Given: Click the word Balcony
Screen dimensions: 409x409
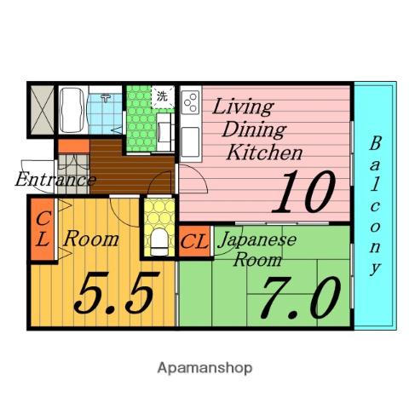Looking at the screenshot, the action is [x=375, y=206].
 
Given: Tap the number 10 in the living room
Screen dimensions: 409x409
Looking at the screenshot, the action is [x=304, y=192].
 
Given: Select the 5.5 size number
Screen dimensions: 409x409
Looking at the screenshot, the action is [x=116, y=292].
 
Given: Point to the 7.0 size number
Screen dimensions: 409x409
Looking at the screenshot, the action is [x=300, y=297].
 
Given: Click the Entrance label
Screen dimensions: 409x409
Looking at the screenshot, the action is [x=55, y=180].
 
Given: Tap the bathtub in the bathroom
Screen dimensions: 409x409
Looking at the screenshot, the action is [x=72, y=110].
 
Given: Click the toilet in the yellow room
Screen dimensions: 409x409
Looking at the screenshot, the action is [x=159, y=242].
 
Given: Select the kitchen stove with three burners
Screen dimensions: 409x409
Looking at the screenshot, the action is [x=191, y=102].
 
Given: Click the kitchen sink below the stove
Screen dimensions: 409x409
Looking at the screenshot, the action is [x=190, y=141].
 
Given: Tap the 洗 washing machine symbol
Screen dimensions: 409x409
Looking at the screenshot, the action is [x=162, y=96].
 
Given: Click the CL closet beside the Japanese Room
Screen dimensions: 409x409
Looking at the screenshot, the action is [x=195, y=241].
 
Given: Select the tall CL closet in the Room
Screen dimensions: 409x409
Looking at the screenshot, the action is [x=43, y=229].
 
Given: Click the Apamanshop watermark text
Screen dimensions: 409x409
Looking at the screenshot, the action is [x=204, y=368].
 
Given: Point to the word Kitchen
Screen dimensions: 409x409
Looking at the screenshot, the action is [x=264, y=153].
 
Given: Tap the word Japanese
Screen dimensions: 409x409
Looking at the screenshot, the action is [x=258, y=240].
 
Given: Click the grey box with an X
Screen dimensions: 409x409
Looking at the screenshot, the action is [x=42, y=110].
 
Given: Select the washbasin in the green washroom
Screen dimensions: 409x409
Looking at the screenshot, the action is [x=165, y=131].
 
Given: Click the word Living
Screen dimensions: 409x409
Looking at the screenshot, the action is [x=243, y=107].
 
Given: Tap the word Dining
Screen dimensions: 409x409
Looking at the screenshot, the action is [x=255, y=130].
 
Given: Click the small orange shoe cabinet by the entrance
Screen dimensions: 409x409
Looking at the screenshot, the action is [x=74, y=147].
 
